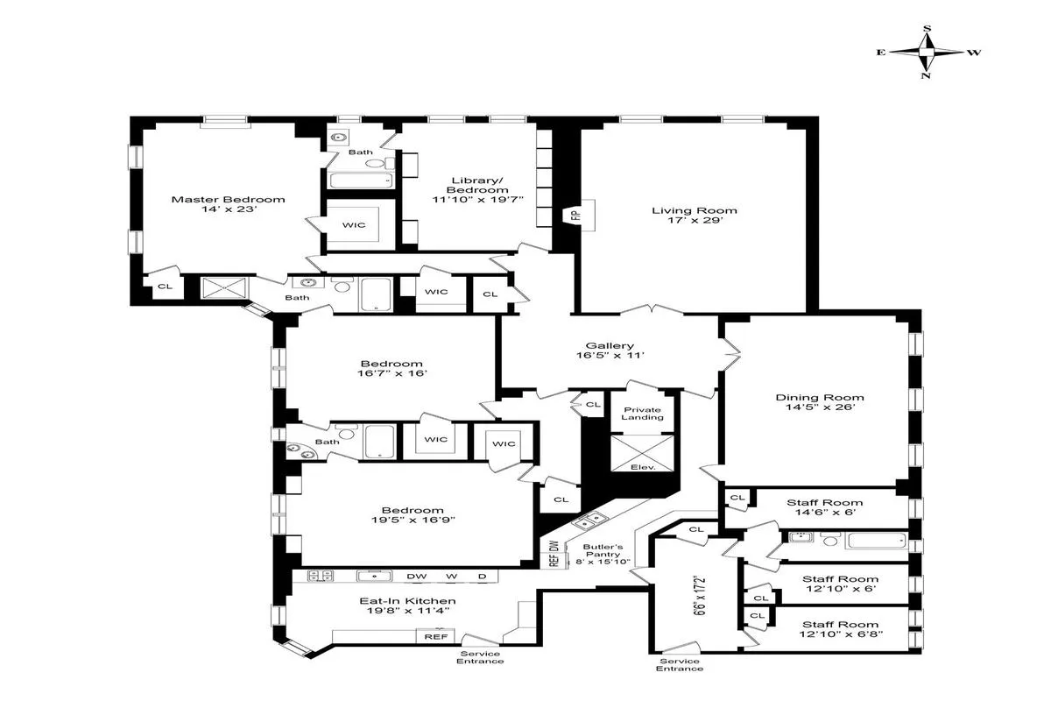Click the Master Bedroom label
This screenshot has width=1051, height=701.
[x=228, y=199]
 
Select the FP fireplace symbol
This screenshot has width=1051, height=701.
[x=575, y=214]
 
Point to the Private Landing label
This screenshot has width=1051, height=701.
[x=642, y=413]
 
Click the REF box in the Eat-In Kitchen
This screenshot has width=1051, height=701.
[x=434, y=637]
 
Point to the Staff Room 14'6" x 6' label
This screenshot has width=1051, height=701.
[x=824, y=503]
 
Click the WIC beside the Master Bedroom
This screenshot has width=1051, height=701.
[x=354, y=225]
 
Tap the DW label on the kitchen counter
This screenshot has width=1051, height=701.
[x=417, y=577]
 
